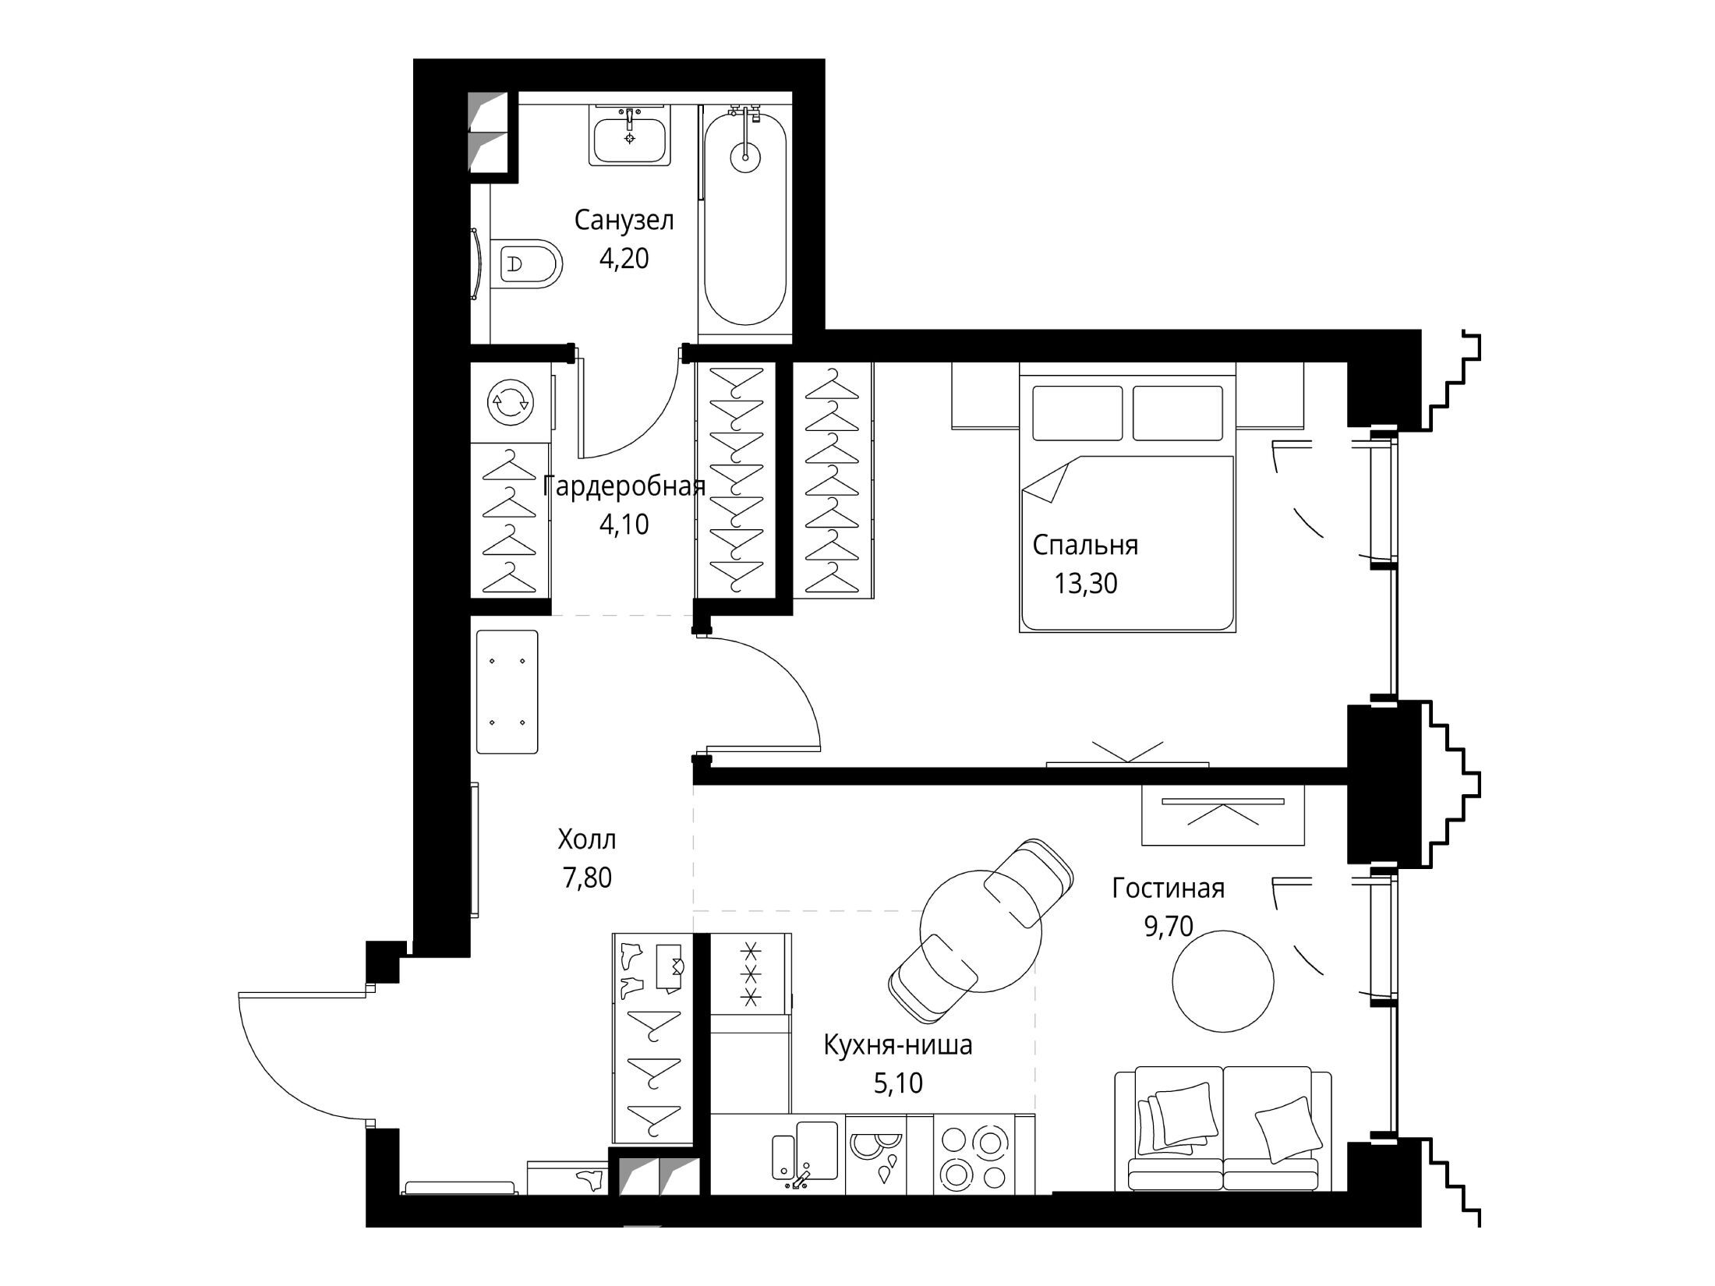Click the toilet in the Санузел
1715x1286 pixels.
(529, 263)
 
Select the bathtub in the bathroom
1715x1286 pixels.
(745, 220)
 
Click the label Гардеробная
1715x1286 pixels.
(624, 487)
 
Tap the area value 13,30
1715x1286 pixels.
(1086, 583)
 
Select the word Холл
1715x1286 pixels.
(587, 839)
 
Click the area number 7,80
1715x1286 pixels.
(587, 878)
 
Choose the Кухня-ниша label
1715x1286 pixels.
(898, 1044)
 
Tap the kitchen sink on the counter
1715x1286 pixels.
(805, 1155)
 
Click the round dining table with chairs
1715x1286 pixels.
(981, 931)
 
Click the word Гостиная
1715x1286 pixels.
(1168, 888)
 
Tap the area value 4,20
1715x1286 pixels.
(624, 258)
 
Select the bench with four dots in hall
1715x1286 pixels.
(507, 691)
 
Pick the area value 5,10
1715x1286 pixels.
(898, 1083)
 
